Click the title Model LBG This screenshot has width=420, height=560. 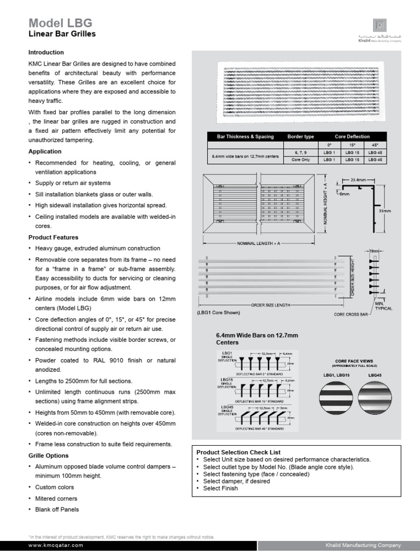(60, 22)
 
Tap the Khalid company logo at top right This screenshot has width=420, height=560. (379, 25)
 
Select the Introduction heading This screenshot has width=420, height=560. (46, 52)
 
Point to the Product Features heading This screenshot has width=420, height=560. (53, 237)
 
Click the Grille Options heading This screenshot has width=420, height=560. (48, 456)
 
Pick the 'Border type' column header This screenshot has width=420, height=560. (300, 136)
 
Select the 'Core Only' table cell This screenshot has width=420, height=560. (300, 160)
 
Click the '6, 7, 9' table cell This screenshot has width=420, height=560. (300, 151)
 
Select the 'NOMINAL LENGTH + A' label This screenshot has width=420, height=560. (258, 242)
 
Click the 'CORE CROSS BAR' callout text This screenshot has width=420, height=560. (352, 314)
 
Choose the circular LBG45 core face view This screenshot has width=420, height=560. (375, 396)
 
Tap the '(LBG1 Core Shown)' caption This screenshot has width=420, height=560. (219, 312)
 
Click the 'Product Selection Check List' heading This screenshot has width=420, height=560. (238, 452)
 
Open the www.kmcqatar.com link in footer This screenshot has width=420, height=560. (55, 545)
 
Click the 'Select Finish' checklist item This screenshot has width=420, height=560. (220, 488)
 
